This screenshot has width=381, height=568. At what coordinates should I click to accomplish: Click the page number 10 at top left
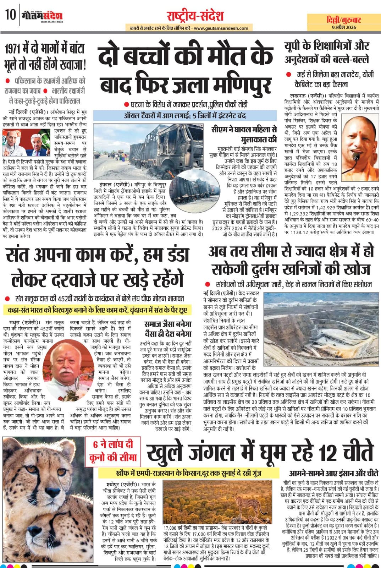(10, 15)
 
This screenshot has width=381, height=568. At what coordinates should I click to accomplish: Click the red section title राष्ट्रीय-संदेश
(195, 16)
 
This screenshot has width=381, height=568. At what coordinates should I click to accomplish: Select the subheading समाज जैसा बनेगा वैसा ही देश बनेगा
(168, 329)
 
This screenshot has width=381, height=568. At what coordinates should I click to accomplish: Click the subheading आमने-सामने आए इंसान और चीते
(333, 473)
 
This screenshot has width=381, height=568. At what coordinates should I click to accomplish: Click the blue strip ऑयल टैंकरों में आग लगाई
(184, 116)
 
